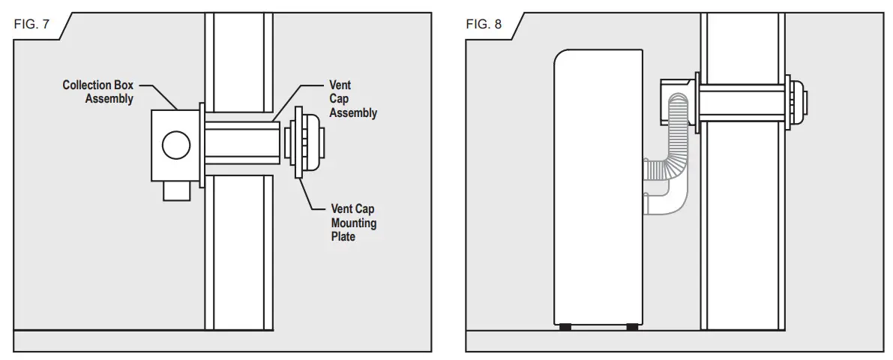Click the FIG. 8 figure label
(483, 24)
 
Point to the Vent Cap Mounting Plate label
(354, 223)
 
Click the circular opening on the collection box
(175, 145)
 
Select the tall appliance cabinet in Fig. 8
(597, 187)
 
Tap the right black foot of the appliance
(632, 326)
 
